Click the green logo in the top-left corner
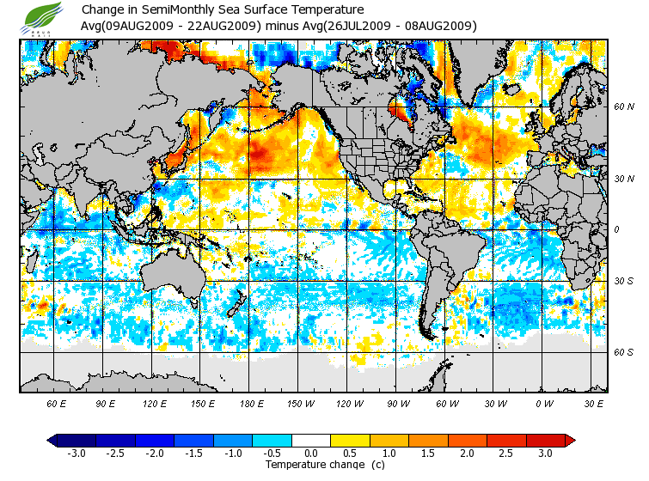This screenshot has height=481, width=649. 44,15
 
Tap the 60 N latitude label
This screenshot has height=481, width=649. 623,107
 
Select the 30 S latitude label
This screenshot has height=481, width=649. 623,282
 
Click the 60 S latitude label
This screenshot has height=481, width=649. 623,352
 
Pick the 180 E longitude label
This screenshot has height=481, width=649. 252,404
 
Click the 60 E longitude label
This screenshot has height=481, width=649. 57,404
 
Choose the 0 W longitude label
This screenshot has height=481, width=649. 544,404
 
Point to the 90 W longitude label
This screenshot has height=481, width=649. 398,404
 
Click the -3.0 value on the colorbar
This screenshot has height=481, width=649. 76,454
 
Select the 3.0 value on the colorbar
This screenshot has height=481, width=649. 545,454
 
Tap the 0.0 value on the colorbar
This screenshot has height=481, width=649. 310,454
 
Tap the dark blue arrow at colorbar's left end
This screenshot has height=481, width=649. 52,441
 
